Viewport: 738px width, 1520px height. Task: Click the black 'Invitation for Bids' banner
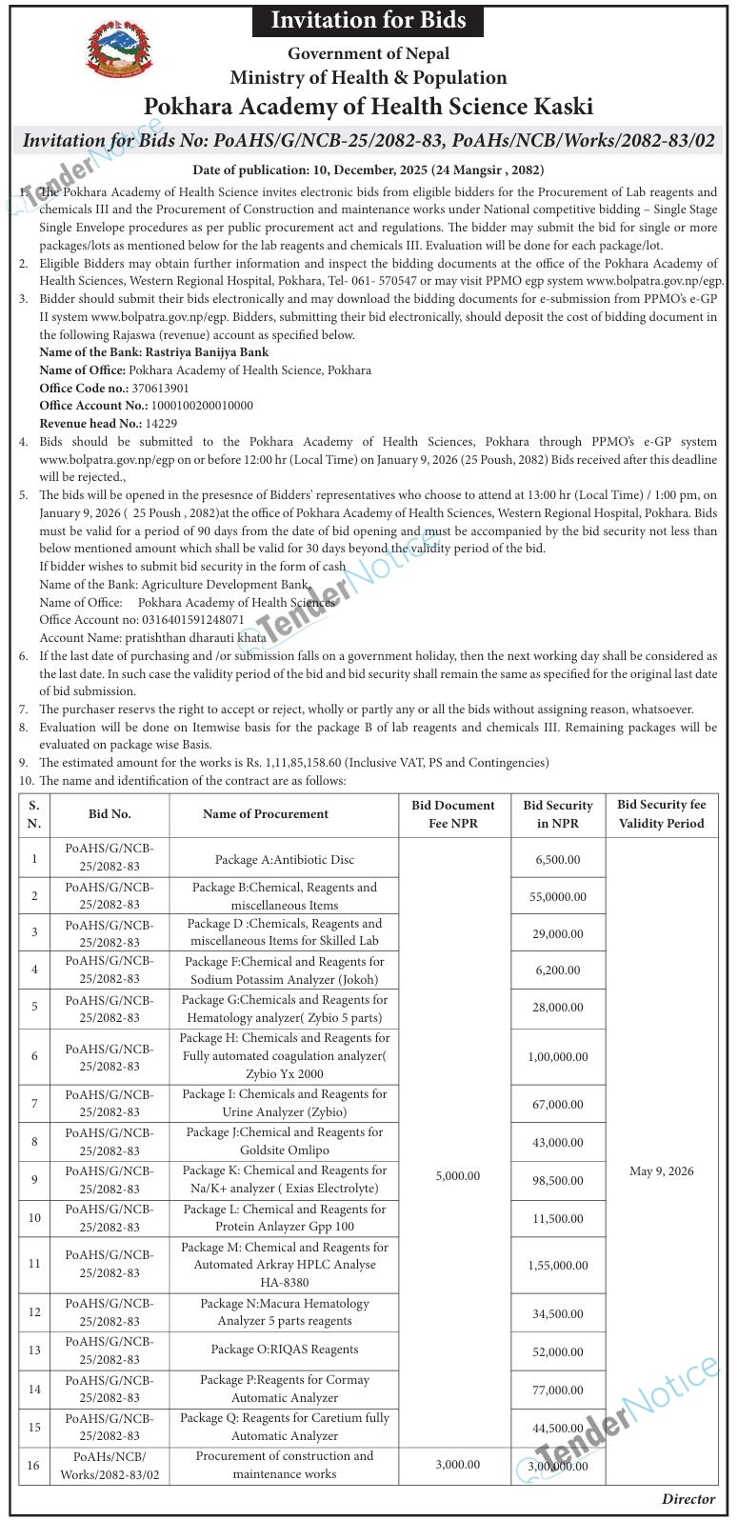tap(369, 19)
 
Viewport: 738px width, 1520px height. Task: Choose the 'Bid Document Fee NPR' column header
tap(453, 814)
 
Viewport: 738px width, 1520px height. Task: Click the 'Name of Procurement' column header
tap(266, 814)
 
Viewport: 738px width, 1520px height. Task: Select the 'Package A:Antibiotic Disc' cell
tap(284, 860)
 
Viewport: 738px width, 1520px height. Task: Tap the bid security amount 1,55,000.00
tap(558, 1266)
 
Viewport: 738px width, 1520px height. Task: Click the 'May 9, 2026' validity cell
tap(661, 1171)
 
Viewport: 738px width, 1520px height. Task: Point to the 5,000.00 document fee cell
tap(457, 1177)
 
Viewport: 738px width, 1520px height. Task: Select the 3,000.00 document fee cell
tap(457, 1465)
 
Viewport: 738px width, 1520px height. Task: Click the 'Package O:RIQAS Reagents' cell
tap(284, 1350)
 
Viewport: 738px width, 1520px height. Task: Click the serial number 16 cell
tap(34, 1465)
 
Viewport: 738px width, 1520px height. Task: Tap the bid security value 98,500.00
tap(558, 1181)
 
